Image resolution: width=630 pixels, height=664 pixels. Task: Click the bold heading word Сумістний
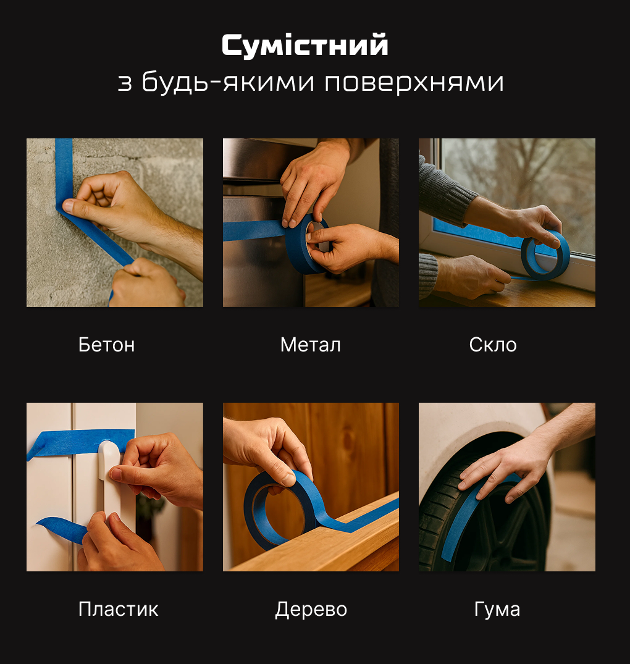point(305,45)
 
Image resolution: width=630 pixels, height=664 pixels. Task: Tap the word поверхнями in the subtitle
point(414,82)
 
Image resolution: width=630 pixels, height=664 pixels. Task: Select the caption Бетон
point(107,345)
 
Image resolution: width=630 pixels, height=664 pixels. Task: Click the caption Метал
point(310,345)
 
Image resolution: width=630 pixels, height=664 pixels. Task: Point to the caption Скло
point(493,345)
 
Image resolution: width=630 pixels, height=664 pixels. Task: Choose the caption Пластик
point(118,610)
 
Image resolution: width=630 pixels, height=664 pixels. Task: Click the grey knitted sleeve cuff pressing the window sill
point(428,275)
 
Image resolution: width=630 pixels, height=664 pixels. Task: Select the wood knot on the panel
point(348,441)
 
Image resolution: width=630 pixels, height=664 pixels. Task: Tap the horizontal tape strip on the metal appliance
point(254,230)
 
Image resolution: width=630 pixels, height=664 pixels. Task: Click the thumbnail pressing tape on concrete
point(68,206)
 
